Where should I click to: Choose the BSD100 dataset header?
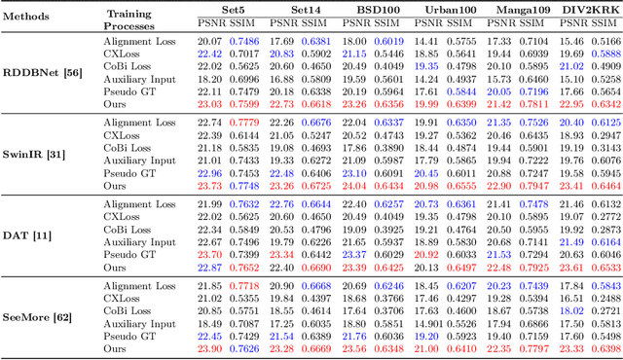pos(363,10)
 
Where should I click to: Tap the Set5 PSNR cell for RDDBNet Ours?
pos(209,103)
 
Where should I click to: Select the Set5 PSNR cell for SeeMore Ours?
pos(209,348)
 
